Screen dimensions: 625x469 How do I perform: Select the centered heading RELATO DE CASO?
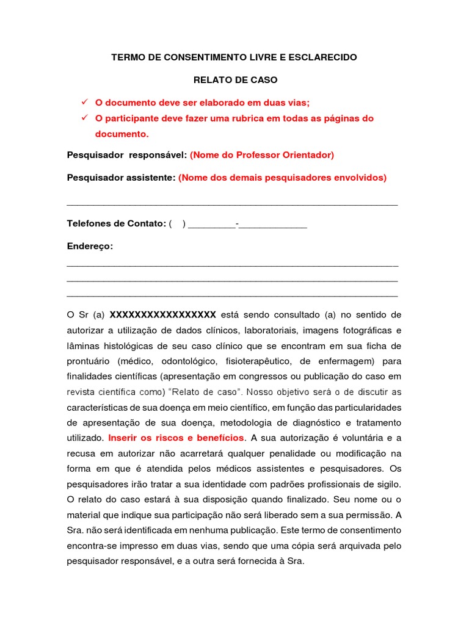tap(235, 80)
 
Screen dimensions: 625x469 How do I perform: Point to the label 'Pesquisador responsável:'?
tap(126, 155)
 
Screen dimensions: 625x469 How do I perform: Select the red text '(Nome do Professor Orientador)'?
tap(262, 155)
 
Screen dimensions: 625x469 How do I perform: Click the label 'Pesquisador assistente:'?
tap(121, 178)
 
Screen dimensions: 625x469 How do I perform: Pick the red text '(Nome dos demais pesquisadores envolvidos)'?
tap(283, 178)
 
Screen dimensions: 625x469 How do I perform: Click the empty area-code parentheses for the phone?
tap(177, 224)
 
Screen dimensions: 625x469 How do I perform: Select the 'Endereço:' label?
tap(90, 246)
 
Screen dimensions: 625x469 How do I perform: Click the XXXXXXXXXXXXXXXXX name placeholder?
tap(162, 315)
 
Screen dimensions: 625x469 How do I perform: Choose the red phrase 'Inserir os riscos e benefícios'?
tap(176, 438)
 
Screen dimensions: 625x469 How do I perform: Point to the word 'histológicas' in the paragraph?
tap(125, 346)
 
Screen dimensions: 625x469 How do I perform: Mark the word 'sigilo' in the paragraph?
tap(386, 484)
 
